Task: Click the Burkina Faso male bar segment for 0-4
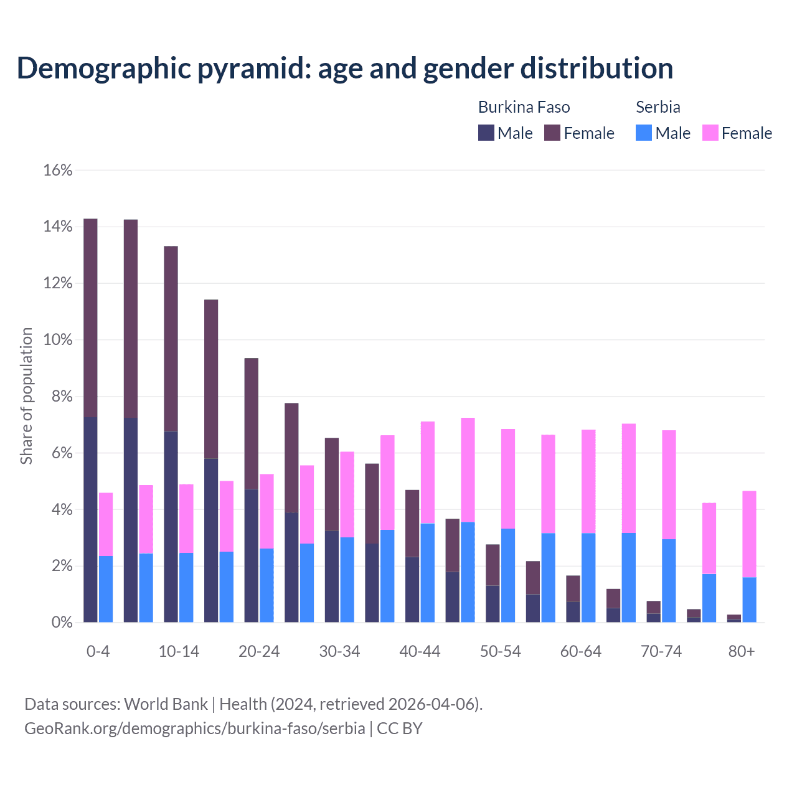(90, 519)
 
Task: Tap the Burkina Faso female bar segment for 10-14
(171, 339)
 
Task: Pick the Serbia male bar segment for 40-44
(428, 573)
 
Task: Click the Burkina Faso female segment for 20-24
(251, 423)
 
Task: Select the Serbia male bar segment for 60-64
(588, 578)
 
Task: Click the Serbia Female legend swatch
(710, 133)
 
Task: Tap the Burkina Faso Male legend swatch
(486, 133)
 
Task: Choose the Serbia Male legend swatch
(644, 133)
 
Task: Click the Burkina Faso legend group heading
(524, 107)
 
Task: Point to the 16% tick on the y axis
(58, 170)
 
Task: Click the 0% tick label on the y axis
(61, 623)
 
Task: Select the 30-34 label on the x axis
(339, 651)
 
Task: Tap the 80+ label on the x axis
(742, 651)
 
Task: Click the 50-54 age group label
(500, 651)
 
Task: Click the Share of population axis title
(26, 396)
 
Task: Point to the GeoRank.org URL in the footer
(194, 728)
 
